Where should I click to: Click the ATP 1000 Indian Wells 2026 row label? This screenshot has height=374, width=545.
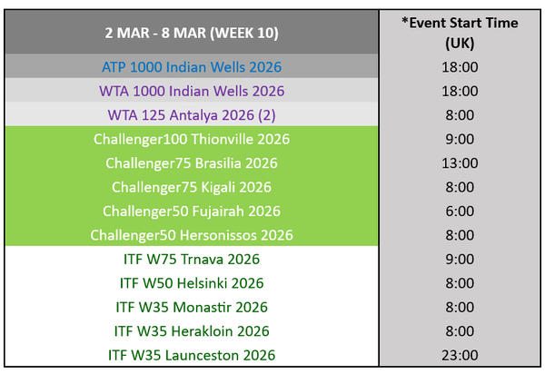coord(192,67)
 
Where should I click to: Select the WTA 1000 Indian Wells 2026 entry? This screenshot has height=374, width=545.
coord(192,91)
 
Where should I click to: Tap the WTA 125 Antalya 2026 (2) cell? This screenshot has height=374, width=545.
coord(192,115)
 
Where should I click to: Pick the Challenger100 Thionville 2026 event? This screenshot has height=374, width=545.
coord(192,139)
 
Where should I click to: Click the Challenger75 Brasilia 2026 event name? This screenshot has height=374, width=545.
coord(192,163)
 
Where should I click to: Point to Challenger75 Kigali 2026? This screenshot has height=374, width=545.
coord(192,187)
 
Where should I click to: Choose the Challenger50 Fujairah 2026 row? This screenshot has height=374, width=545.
coord(192,212)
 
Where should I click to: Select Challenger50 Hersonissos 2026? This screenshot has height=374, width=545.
coord(192,235)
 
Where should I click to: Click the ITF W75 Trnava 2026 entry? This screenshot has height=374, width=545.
coord(192,259)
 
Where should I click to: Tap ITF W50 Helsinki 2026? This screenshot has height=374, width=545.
coord(192,283)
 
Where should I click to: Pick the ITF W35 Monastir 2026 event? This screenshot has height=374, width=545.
coord(192,307)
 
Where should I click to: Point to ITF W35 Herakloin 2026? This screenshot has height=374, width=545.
coord(192,331)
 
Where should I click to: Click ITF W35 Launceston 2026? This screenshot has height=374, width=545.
coord(192,355)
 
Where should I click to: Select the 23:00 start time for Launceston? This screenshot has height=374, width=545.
coord(460,355)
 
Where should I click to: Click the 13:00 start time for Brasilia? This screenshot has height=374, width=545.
coord(460,163)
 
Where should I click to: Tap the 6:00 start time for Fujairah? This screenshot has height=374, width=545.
coord(460,212)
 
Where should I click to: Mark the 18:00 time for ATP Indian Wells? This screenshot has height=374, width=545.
coord(460,67)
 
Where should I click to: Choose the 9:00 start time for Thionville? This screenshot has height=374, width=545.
coord(460,139)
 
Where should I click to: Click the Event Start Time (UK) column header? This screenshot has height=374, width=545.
coord(460,33)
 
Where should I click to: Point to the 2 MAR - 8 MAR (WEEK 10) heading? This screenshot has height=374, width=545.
coord(192,33)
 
